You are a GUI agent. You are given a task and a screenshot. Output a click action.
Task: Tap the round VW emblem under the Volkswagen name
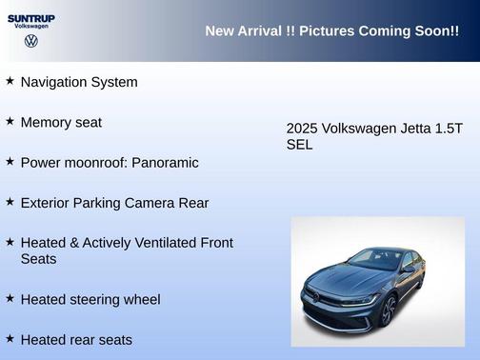[x=30, y=42]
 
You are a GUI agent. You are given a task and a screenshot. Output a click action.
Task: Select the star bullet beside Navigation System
[x=10, y=81]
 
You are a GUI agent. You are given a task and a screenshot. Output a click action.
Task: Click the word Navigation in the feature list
[x=55, y=82]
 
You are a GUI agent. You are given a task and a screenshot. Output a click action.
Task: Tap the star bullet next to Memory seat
[x=10, y=121]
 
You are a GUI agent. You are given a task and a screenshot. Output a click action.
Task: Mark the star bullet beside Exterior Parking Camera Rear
[x=10, y=202]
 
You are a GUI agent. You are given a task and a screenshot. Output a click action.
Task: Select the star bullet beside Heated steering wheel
[x=10, y=298]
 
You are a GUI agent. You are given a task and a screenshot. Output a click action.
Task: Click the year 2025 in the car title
[x=302, y=129]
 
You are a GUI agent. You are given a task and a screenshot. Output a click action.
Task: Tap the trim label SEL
[x=299, y=146]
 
